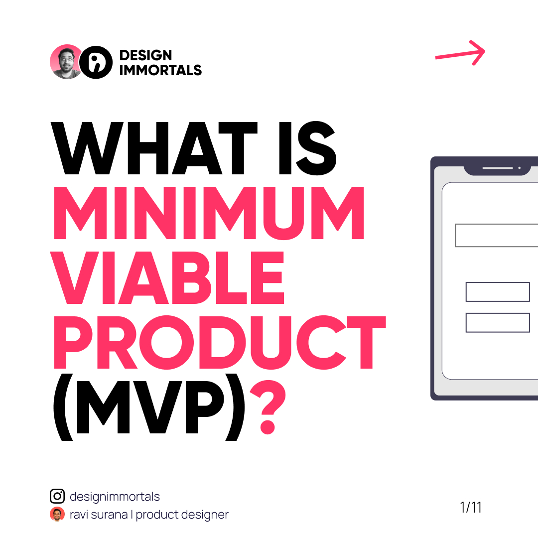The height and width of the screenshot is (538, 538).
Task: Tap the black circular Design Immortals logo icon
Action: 96,62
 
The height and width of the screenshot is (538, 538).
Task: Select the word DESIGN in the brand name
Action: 145,55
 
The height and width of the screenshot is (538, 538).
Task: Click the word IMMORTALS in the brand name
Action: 160,70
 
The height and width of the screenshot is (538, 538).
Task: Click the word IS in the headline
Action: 307,148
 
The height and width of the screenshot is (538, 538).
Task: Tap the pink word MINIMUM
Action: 209,213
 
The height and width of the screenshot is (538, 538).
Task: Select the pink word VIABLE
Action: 167,277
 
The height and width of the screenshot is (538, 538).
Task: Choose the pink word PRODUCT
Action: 220,342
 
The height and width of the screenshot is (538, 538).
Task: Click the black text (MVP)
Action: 149,407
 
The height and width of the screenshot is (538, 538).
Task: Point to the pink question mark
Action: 268,407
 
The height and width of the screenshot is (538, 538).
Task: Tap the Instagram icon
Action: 57,496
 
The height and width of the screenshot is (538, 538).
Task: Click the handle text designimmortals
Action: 115,497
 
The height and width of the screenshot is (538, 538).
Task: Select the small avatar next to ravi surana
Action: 57,514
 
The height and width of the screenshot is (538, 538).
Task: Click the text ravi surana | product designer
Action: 149,515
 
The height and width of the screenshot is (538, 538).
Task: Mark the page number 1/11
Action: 471,507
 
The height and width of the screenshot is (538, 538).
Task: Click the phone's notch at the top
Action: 498,170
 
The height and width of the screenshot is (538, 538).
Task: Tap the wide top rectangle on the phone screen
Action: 497,235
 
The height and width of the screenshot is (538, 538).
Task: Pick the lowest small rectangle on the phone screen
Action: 498,322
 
